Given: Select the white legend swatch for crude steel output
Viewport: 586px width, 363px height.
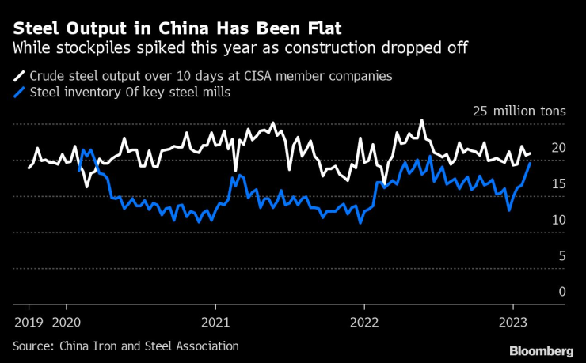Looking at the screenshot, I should (x=18, y=78).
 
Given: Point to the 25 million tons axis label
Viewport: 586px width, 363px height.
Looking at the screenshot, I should (x=519, y=112).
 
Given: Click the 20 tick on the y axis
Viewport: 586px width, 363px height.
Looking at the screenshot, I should (x=558, y=148).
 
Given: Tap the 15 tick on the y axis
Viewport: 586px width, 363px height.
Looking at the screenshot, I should (x=558, y=183).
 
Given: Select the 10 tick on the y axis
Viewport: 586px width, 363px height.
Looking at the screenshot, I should (x=558, y=219).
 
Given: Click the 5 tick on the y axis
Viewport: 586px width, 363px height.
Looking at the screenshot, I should (x=561, y=255).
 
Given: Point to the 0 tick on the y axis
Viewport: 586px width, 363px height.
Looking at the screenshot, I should (x=561, y=291).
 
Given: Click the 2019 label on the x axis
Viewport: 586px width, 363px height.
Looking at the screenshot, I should (x=29, y=322).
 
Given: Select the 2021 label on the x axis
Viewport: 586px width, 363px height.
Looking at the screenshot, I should (x=215, y=322).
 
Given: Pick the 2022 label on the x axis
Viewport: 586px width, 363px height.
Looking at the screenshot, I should (x=364, y=322).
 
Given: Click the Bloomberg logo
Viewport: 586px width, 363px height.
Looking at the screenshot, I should (x=542, y=350).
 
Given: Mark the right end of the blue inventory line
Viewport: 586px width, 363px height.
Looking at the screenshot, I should (x=531, y=162).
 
